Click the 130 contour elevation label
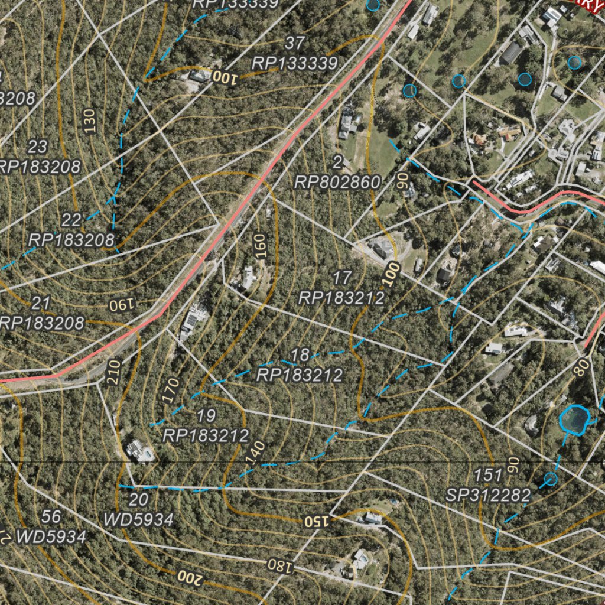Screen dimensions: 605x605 pyautogui.click(x=90, y=121)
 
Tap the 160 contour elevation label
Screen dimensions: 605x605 pyautogui.click(x=261, y=246)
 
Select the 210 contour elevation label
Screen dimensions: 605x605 pyautogui.click(x=114, y=373)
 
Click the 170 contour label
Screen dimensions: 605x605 pyautogui.click(x=171, y=391)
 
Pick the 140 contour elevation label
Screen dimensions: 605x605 pyautogui.click(x=255, y=451)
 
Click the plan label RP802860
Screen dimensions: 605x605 pyautogui.click(x=337, y=183)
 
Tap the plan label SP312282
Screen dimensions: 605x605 pyautogui.click(x=488, y=495)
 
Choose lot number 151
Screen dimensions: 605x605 pyautogui.click(x=488, y=475)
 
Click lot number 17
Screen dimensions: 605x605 pyautogui.click(x=342, y=277)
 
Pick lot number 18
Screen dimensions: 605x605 pyautogui.click(x=300, y=355)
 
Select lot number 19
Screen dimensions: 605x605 pyautogui.click(x=206, y=416)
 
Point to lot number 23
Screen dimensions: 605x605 pyautogui.click(x=38, y=146)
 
